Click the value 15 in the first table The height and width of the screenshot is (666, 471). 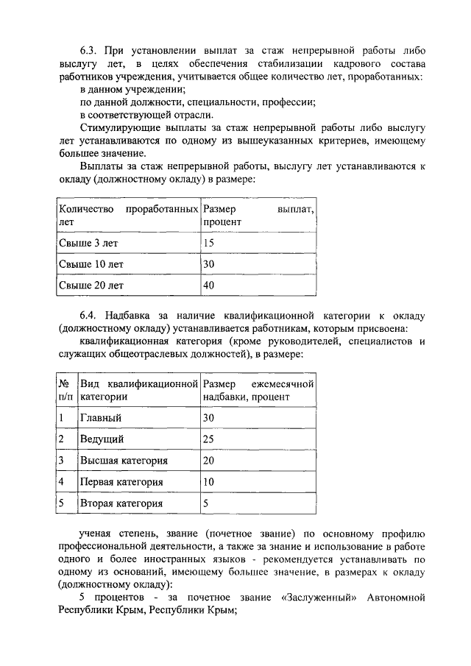(208, 242)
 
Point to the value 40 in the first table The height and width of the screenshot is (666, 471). (209, 285)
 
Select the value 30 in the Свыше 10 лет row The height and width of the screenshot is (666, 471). (209, 263)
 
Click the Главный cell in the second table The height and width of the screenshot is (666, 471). (101, 418)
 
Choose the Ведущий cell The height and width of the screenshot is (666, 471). (102, 439)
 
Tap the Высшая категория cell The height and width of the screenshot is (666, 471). (124, 461)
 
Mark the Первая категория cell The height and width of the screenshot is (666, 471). (121, 482)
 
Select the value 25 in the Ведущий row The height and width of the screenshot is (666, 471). (209, 439)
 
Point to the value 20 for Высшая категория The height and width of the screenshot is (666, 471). (209, 461)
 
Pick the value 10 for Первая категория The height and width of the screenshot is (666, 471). (209, 482)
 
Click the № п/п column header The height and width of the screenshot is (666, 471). (65, 390)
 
